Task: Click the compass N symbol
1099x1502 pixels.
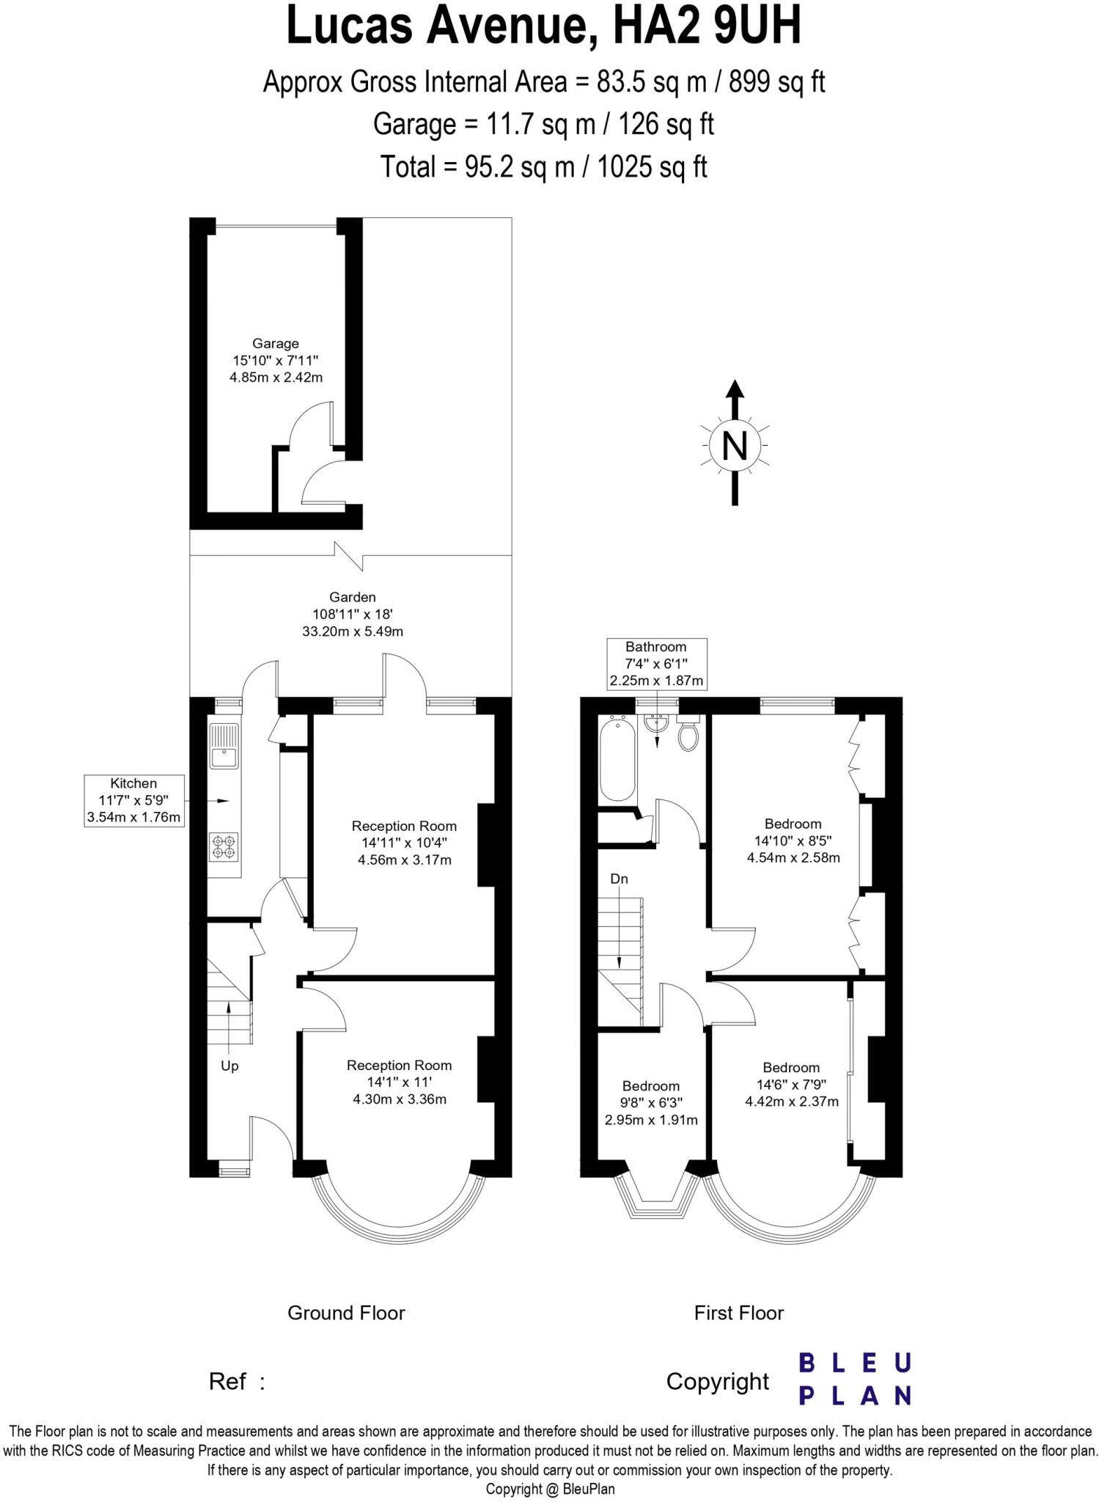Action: point(735,445)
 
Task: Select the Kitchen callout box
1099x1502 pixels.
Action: point(133,800)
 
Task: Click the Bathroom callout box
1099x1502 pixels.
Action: point(656,664)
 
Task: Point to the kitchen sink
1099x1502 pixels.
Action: point(224,747)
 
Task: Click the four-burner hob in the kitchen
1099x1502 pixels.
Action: point(224,847)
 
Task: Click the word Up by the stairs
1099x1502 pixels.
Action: point(229,1066)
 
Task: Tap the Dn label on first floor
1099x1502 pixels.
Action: point(619,879)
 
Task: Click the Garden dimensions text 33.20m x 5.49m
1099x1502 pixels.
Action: point(353,631)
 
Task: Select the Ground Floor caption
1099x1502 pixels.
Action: point(346,1313)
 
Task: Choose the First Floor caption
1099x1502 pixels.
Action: point(739,1313)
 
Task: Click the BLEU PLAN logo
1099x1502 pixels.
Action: point(854,1379)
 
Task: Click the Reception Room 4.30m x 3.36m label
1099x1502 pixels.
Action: point(400,1082)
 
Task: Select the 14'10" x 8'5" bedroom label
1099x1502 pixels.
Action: point(793,840)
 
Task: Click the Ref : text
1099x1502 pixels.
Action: point(236,1382)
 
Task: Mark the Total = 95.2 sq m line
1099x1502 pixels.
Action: point(543,167)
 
